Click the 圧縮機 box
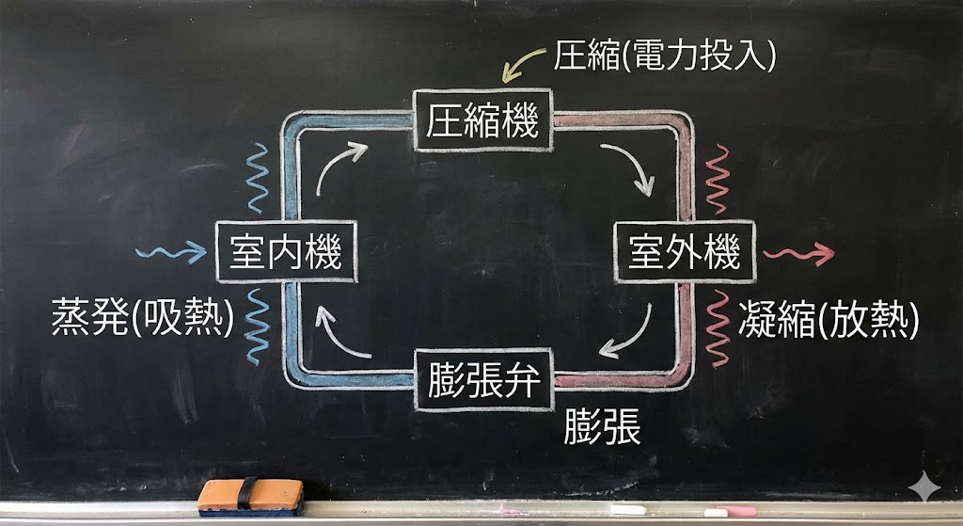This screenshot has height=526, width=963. click(482, 120)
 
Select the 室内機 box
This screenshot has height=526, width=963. click(285, 252)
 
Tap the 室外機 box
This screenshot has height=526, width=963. click(684, 252)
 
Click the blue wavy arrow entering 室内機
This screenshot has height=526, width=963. click(170, 252)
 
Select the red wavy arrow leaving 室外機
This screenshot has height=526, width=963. click(798, 253)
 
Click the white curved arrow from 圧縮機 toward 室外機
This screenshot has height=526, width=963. click(631, 167)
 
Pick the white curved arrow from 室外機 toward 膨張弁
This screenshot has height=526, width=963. click(629, 334)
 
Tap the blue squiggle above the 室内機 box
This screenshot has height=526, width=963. click(257, 178)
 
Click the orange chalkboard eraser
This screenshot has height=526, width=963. click(250, 497)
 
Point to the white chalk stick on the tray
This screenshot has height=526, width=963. click(628, 509)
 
